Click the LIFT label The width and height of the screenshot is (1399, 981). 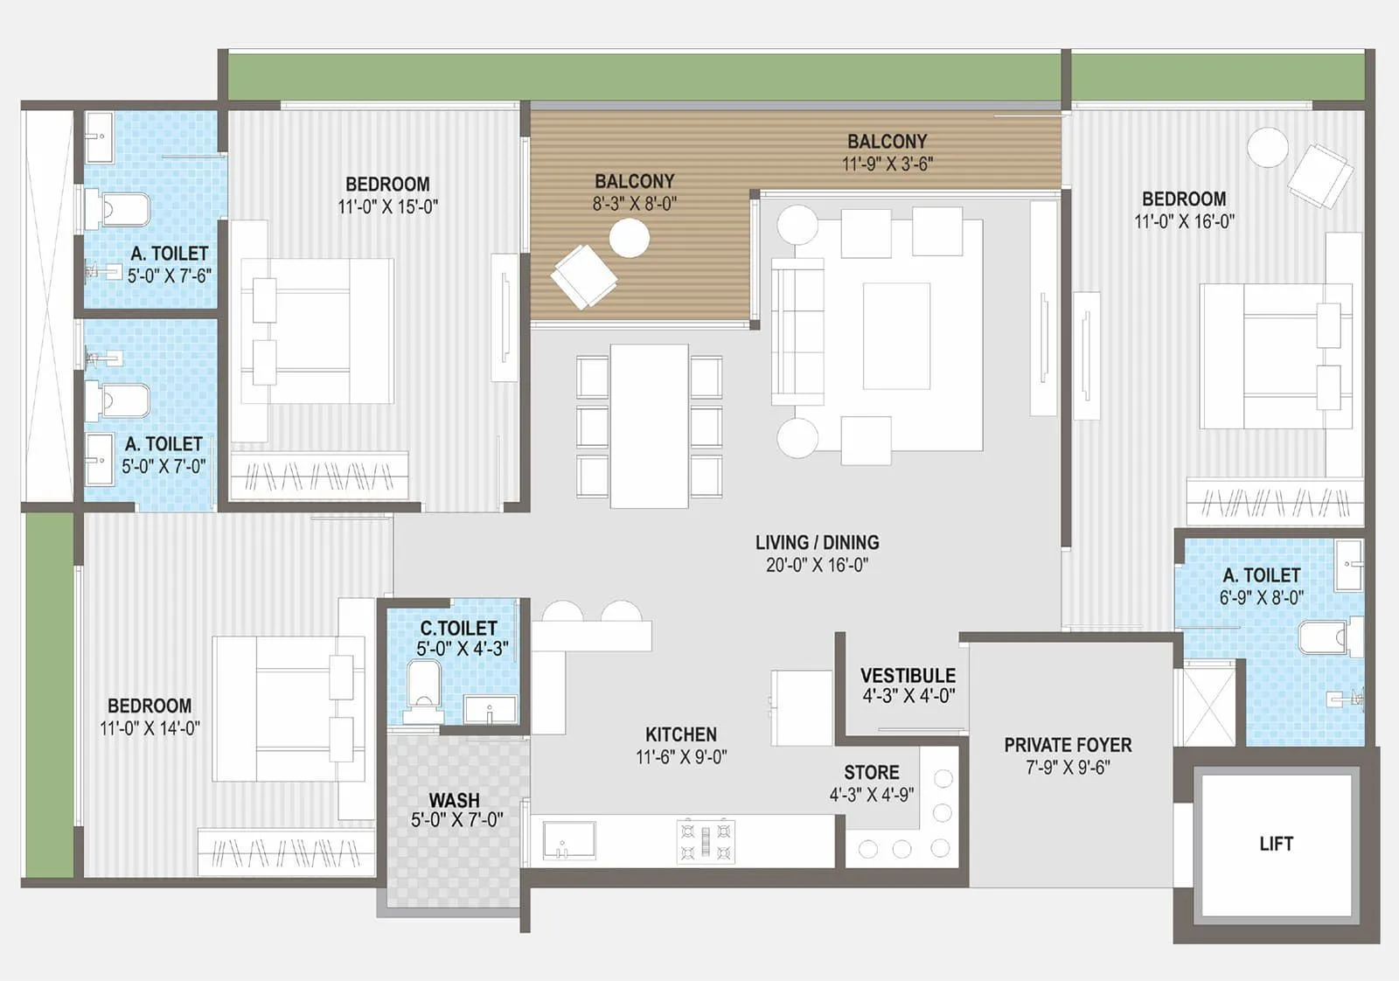pos(1276,844)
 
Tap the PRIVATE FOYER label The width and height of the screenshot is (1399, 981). pos(1068,745)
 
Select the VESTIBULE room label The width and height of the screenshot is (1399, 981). pos(908,676)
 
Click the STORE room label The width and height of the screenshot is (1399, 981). pos(871,772)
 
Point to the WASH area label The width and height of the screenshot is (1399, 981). pos(454,800)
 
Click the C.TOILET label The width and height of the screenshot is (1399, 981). pos(459,628)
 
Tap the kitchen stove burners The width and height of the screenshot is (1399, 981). pos(706,841)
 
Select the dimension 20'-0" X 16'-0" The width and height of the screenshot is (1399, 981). pos(817,566)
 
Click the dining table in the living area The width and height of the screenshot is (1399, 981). pos(649,426)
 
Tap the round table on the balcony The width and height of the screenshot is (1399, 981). pos(629,238)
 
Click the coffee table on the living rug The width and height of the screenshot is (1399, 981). pos(896,336)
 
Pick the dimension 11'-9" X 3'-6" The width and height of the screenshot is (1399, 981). pos(887,163)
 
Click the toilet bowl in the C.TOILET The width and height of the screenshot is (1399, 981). pos(424,685)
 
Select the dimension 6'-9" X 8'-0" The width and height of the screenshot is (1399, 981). pos(1261,598)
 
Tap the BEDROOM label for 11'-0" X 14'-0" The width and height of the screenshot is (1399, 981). pos(150,706)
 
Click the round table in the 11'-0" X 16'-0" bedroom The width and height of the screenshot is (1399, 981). pos(1267,147)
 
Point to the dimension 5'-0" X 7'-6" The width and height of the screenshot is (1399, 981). pos(169,276)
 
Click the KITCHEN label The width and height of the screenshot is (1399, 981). pos(680,734)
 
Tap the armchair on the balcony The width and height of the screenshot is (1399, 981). pos(583,276)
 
